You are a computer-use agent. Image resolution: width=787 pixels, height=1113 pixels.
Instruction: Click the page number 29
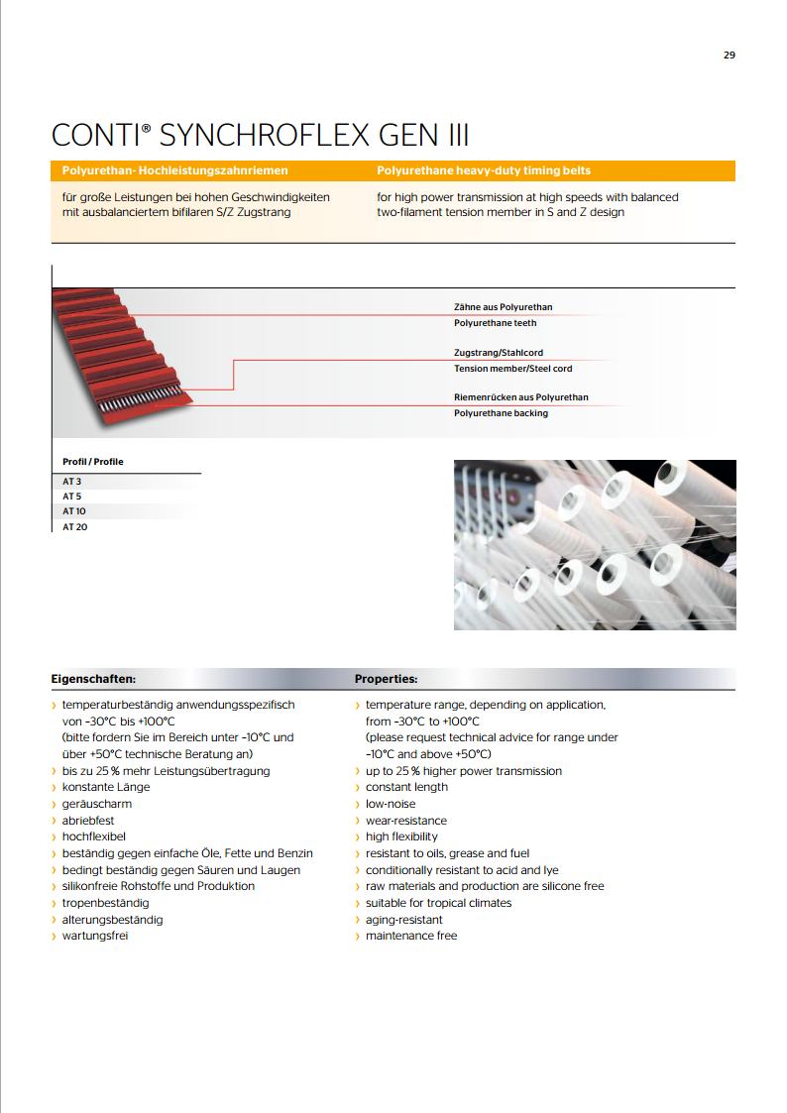pyautogui.click(x=729, y=56)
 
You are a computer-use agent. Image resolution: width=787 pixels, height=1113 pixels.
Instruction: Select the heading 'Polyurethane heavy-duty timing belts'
pyautogui.click(x=484, y=170)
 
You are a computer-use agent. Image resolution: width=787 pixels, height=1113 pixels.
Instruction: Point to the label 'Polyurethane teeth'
pyautogui.click(x=495, y=323)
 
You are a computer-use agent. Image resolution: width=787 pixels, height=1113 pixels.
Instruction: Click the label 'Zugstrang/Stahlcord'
pyautogui.click(x=498, y=353)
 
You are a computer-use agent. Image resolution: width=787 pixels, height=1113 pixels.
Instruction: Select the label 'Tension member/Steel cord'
pyautogui.click(x=512, y=369)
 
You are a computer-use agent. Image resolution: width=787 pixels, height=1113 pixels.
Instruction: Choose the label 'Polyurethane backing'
pyautogui.click(x=501, y=413)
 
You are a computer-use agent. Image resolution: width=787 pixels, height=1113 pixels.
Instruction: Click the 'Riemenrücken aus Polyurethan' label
pyautogui.click(x=520, y=397)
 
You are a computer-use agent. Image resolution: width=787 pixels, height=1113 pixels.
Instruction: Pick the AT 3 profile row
pyautogui.click(x=72, y=482)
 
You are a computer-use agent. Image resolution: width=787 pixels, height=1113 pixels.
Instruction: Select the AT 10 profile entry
pyautogui.click(x=74, y=511)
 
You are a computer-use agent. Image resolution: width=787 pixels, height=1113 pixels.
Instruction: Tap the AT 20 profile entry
pyautogui.click(x=74, y=527)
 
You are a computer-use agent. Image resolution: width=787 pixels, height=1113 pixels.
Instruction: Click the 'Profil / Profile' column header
pyautogui.click(x=93, y=462)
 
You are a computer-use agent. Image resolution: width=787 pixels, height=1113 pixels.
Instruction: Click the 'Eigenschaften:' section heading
pyautogui.click(x=93, y=679)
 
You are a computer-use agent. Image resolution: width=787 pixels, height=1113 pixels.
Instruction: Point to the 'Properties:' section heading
pyautogui.click(x=386, y=679)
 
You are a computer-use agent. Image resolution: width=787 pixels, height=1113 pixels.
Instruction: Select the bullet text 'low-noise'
pyautogui.click(x=391, y=804)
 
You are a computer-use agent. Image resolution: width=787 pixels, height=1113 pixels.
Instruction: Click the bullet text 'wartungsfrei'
pyautogui.click(x=95, y=936)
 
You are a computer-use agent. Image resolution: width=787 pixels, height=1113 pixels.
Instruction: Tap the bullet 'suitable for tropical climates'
pyautogui.click(x=438, y=903)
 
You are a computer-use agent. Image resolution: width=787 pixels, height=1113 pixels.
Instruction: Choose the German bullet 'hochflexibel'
pyautogui.click(x=93, y=836)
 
